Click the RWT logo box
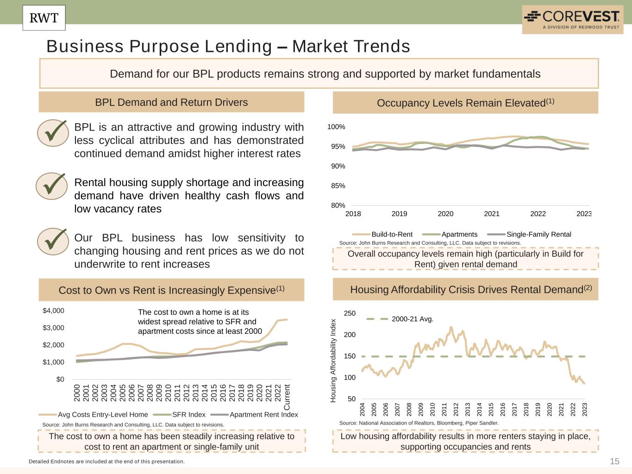(x=44, y=18)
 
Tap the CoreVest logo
(x=572, y=19)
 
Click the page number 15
(x=614, y=461)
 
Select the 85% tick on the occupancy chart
(x=338, y=186)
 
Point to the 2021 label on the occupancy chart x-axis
(x=492, y=214)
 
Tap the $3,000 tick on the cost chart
(x=53, y=328)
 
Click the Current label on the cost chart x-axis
(x=287, y=397)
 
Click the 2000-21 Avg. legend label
(x=412, y=319)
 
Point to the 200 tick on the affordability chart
(x=350, y=335)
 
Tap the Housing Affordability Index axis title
(x=333, y=361)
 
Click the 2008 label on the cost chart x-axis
(x=150, y=393)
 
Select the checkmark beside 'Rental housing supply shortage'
(x=52, y=186)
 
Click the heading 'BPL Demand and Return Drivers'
(x=171, y=102)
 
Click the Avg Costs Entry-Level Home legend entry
(x=102, y=414)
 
